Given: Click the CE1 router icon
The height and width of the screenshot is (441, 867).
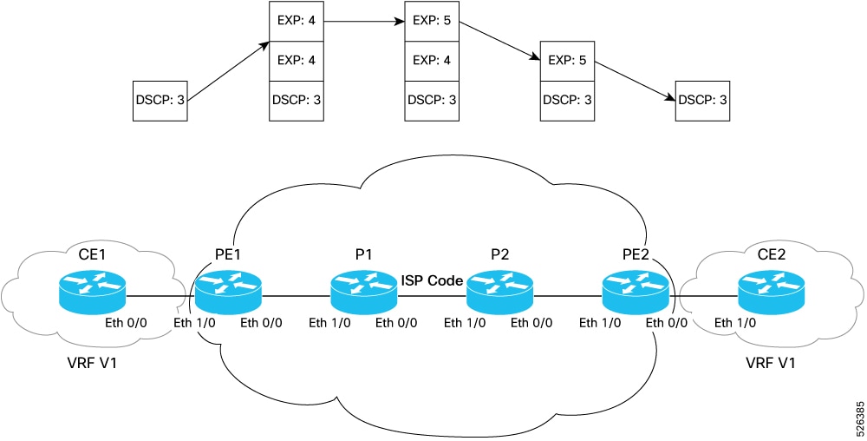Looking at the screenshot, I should coord(92,293).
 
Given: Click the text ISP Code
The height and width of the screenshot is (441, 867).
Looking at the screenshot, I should coord(432,281).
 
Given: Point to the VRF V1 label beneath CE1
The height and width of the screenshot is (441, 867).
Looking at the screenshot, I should coord(89,361).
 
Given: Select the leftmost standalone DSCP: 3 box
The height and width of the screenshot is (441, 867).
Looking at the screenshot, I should coord(160,101).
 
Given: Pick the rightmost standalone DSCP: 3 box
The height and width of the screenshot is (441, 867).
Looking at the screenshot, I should coord(701,101).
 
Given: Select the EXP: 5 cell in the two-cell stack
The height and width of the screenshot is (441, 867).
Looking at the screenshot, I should coord(567,61).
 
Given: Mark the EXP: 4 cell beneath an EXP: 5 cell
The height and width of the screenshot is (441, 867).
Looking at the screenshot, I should coord(431,61).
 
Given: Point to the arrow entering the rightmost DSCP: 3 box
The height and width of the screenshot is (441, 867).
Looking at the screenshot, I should coord(635,79).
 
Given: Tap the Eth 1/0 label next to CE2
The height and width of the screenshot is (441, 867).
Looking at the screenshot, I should coord(735,324).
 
